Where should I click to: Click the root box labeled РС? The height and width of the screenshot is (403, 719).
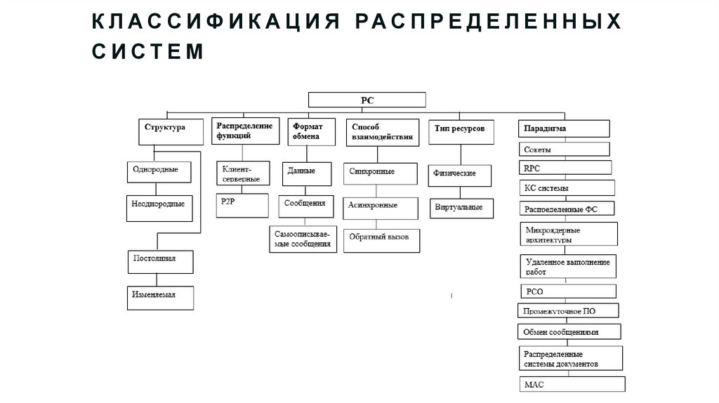click(x=367, y=100)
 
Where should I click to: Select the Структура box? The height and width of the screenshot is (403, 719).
click(x=165, y=131)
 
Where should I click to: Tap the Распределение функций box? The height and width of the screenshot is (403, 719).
click(x=243, y=131)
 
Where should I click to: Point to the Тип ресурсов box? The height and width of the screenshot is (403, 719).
click(x=460, y=131)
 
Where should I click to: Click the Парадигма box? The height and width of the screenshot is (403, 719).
click(x=564, y=129)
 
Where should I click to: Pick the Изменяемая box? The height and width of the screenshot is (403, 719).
click(x=160, y=298)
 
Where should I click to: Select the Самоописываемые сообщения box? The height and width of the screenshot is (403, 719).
click(x=303, y=239)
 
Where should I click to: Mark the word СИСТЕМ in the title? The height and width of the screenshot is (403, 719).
click(x=147, y=51)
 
